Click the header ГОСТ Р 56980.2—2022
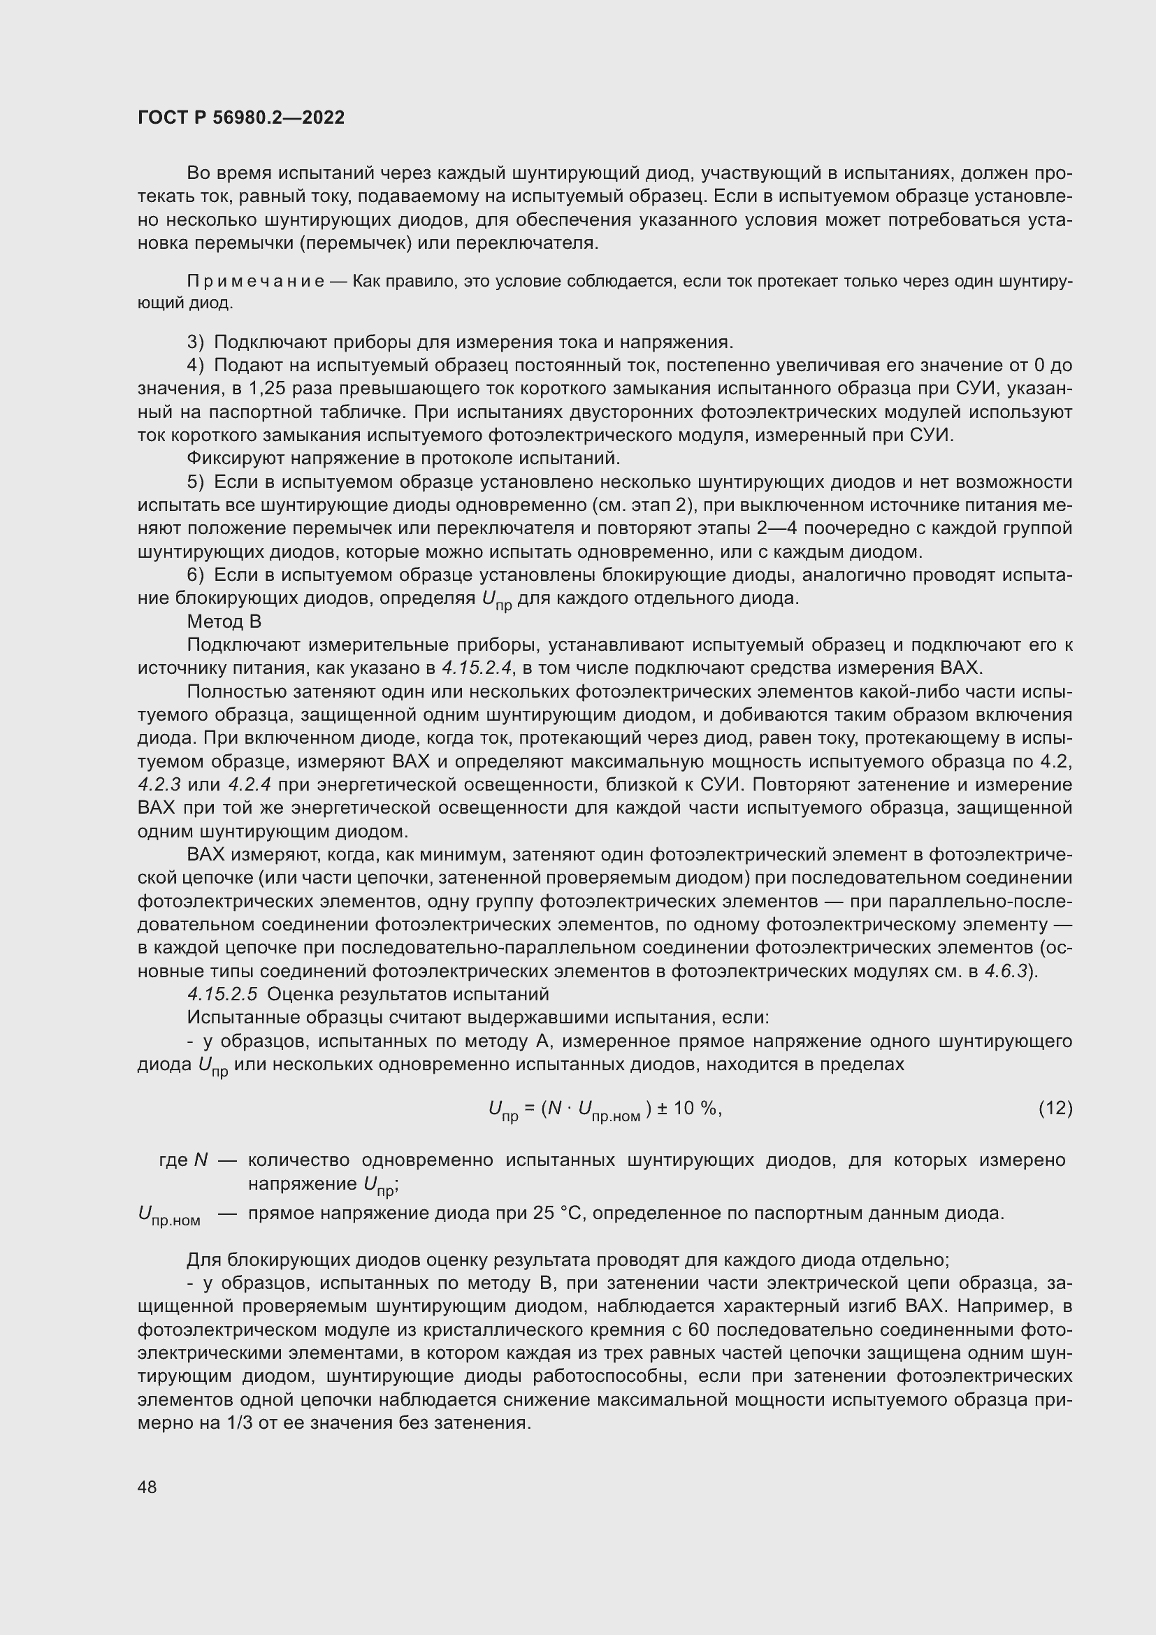240,117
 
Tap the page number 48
147,1487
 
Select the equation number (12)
1055,1108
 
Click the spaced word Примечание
256,281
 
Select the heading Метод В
224,621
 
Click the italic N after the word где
200,1160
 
